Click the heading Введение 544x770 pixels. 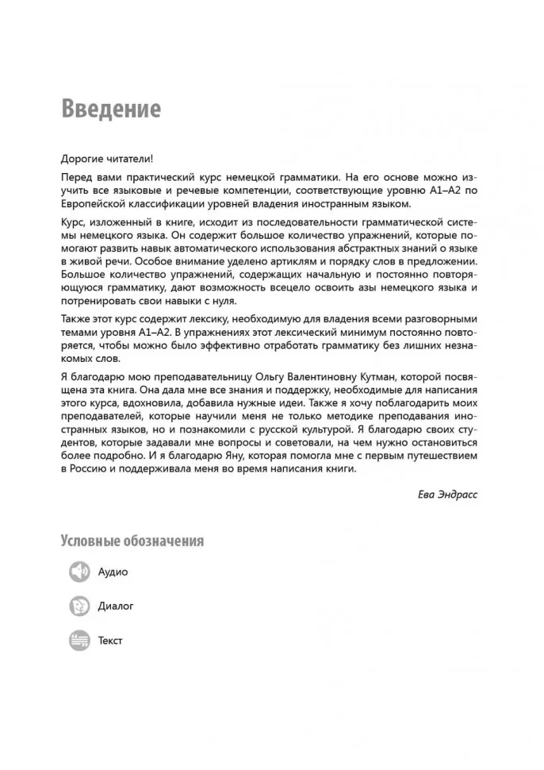pyautogui.click(x=111, y=109)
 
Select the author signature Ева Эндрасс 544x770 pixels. pyautogui.click(x=448, y=494)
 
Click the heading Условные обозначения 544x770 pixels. pyautogui.click(x=132, y=541)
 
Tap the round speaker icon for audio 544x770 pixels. pyautogui.click(x=79, y=572)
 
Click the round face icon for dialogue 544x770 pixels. pyautogui.click(x=79, y=606)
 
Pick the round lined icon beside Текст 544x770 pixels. pyautogui.click(x=79, y=640)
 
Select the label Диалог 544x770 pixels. pyautogui.click(x=116, y=606)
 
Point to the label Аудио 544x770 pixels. pyautogui.click(x=113, y=572)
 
